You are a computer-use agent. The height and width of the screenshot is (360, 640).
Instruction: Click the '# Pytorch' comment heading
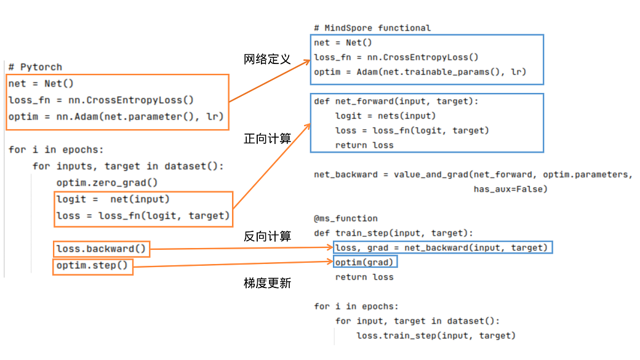35,67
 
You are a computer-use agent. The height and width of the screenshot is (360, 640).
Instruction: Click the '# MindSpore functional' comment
372,28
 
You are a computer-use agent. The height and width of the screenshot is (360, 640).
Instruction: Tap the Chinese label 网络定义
266,60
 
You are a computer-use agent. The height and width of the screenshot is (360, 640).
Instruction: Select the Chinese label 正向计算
268,139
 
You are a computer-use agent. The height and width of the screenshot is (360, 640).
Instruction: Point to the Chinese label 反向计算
268,236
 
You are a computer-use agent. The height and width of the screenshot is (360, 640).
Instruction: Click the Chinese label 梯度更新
268,283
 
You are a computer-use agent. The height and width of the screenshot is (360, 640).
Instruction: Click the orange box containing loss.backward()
102,249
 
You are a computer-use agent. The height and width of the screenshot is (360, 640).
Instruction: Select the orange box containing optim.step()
92,266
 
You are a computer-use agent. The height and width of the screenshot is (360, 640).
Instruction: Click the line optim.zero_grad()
107,183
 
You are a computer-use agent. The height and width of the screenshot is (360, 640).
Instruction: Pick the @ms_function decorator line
346,218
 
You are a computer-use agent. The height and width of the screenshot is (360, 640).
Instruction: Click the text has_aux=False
510,189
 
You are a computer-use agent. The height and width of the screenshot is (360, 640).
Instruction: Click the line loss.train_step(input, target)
436,335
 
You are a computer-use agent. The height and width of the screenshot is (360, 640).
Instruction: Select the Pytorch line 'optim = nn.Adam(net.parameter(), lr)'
116,116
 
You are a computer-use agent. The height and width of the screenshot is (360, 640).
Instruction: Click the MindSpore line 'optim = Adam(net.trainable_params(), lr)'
420,72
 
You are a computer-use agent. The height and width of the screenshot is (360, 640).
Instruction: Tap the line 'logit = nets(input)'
385,116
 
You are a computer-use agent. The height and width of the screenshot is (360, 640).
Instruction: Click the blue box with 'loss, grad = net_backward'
442,247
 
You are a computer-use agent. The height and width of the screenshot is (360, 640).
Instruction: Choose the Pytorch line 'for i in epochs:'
57,150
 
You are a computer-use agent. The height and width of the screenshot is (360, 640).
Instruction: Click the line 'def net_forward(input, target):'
396,101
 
